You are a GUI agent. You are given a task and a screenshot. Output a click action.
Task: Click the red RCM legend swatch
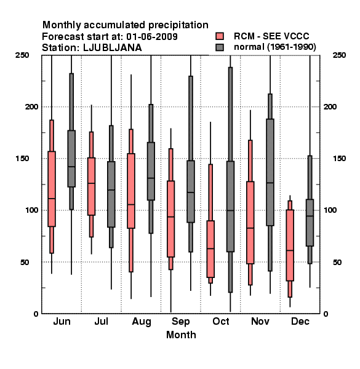(x=220, y=36)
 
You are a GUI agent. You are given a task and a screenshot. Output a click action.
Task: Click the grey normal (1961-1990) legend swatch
(x=220, y=47)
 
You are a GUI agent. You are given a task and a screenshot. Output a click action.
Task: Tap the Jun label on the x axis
(x=62, y=322)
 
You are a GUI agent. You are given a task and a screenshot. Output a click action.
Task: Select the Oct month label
(x=220, y=322)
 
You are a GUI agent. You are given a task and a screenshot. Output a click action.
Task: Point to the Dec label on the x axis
(x=300, y=322)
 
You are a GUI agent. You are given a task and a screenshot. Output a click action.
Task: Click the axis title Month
(x=181, y=335)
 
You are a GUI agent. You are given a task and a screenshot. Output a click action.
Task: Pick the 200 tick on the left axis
(x=31, y=106)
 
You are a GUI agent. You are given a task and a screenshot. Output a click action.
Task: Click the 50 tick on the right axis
(x=337, y=262)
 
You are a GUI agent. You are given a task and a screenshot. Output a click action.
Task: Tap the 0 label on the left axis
(x=36, y=314)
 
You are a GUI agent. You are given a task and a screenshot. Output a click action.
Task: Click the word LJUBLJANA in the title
(x=113, y=48)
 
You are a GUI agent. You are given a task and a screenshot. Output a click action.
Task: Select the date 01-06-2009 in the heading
(x=152, y=36)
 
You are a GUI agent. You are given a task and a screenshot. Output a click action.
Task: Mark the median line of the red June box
(x=52, y=199)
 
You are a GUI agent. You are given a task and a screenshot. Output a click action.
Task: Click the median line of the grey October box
(x=230, y=210)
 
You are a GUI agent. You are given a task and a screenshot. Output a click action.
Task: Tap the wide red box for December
(x=290, y=245)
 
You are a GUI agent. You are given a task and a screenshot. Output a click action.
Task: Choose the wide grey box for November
(x=270, y=172)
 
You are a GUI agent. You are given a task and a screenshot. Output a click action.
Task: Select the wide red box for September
(x=170, y=219)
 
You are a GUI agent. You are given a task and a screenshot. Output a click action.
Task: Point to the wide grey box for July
(x=111, y=194)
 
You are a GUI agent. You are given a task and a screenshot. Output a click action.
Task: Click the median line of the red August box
(x=131, y=204)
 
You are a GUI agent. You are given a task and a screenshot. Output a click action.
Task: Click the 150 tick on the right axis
(x=339, y=159)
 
